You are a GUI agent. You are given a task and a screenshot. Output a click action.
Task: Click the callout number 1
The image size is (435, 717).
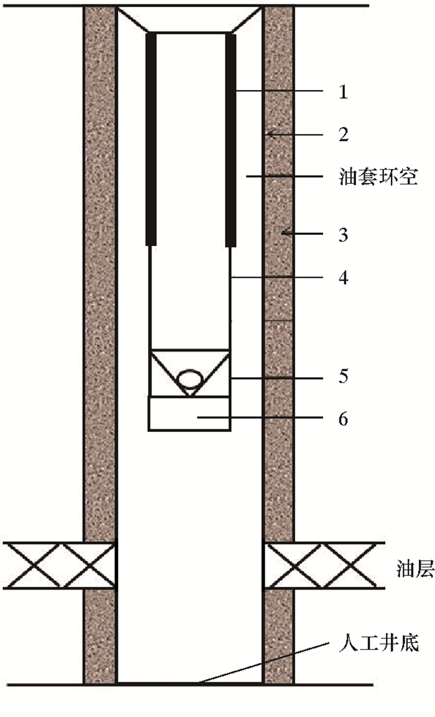tap(342, 93)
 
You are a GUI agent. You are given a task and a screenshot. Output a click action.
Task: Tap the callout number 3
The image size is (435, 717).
tap(342, 235)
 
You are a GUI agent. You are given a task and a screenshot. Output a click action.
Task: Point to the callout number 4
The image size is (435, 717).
tap(342, 276)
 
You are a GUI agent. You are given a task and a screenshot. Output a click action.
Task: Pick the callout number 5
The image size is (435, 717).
tap(342, 377)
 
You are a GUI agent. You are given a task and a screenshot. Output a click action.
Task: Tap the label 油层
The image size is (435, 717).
tap(414, 569)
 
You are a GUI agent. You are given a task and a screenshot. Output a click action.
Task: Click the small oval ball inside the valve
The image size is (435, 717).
tap(190, 378)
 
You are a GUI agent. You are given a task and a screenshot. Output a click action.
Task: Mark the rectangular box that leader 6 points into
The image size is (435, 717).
tap(189, 413)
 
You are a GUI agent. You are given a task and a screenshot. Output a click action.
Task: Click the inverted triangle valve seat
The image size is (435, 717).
tap(189, 370)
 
